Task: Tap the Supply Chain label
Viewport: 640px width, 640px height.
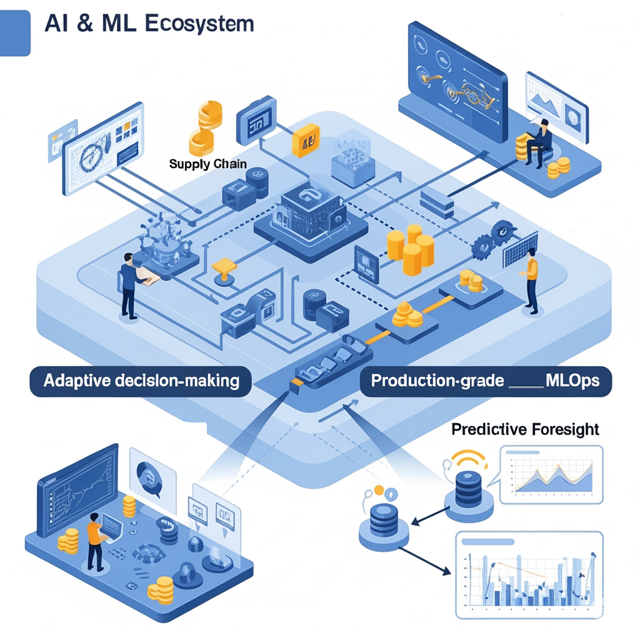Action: tap(207, 164)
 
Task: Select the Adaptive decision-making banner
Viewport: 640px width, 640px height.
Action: tap(141, 381)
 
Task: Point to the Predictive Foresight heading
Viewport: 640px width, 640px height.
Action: tap(525, 429)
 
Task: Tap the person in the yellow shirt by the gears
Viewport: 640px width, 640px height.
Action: tap(531, 279)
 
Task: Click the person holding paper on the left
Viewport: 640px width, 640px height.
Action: tap(129, 285)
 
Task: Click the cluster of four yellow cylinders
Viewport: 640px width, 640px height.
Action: tap(410, 246)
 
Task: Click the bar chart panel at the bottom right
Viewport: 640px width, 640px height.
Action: tap(529, 574)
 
